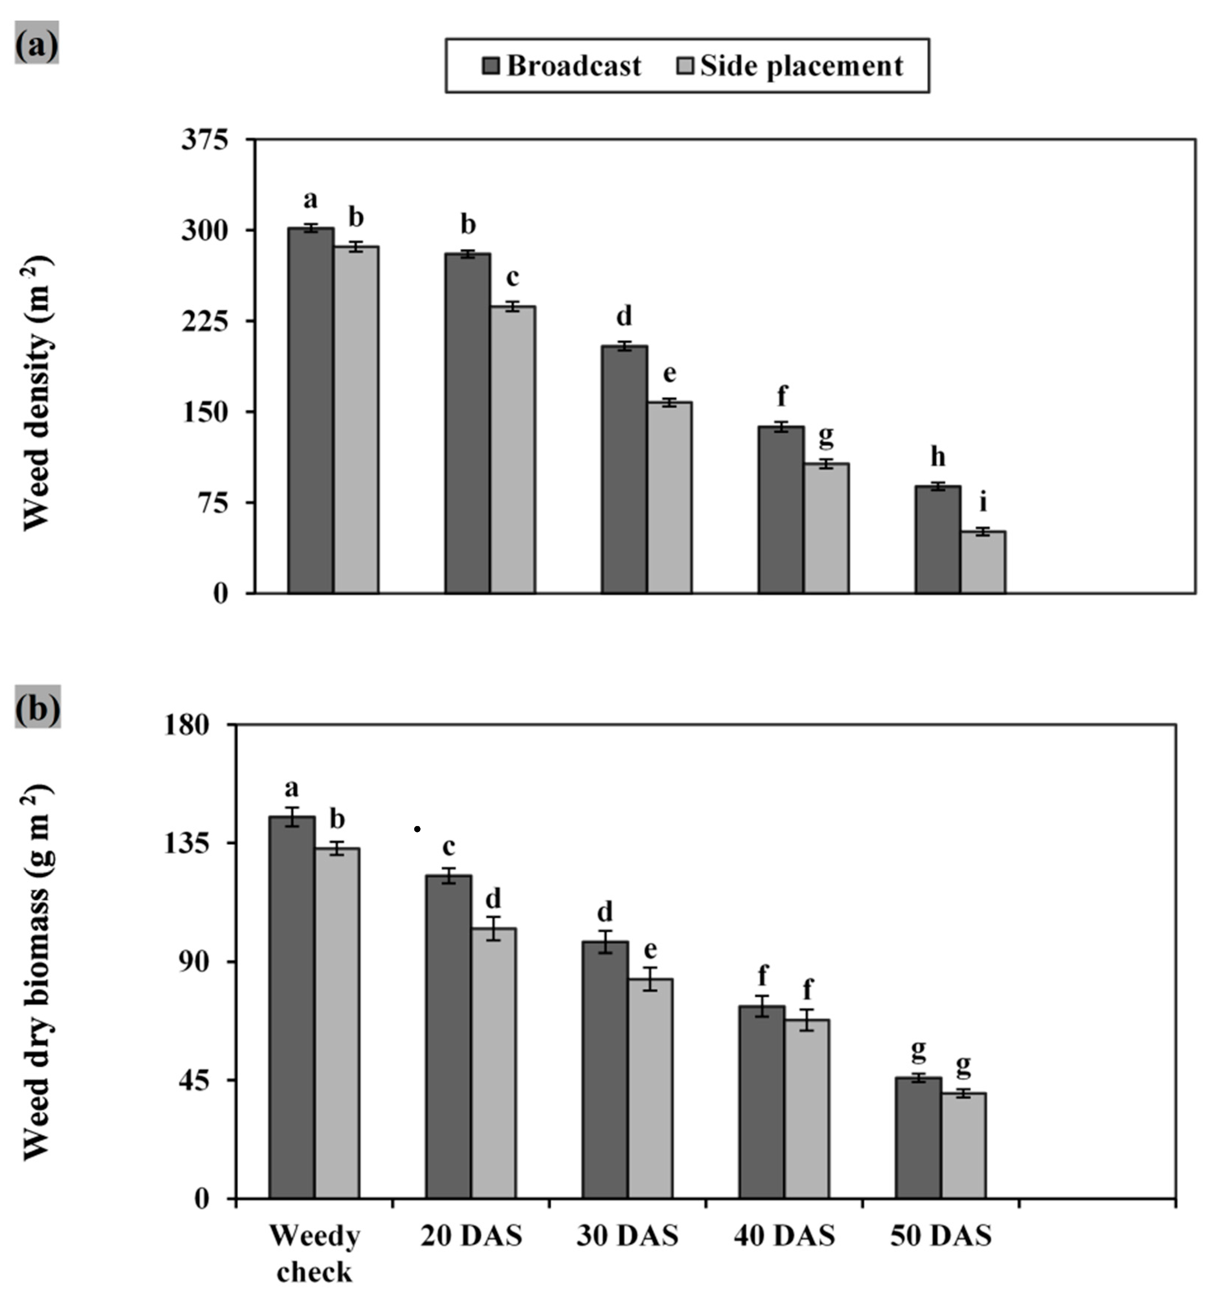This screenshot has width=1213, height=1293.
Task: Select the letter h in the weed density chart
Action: [937, 457]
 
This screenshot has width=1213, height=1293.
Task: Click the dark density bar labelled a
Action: [310, 410]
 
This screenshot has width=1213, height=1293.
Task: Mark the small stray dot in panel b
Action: [417, 829]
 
